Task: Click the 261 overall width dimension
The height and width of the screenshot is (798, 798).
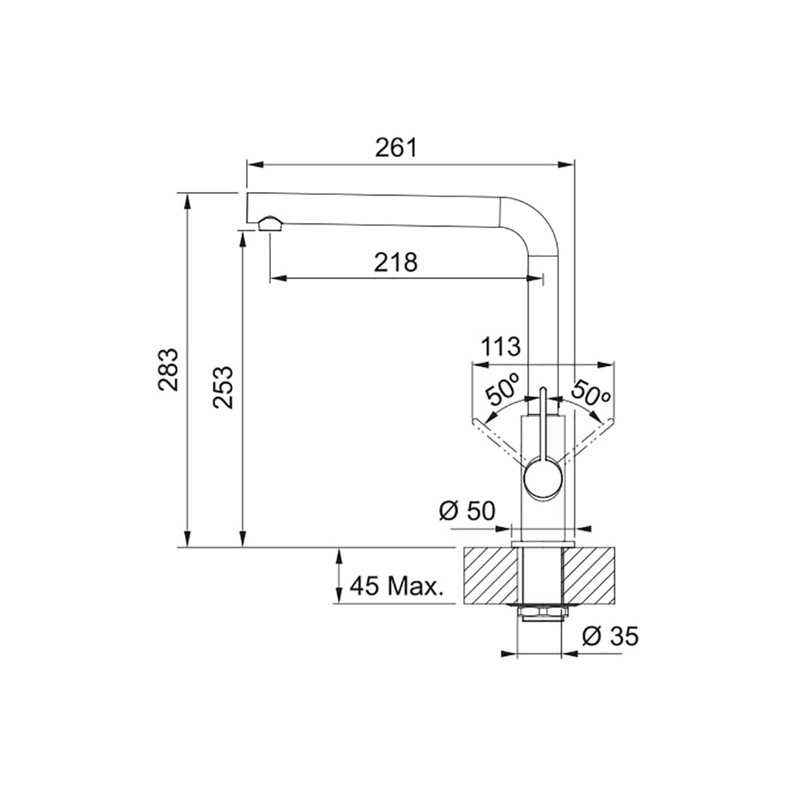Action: pyautogui.click(x=396, y=148)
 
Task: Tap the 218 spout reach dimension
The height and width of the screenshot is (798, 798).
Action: pyautogui.click(x=396, y=263)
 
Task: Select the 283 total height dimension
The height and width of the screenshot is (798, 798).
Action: pyautogui.click(x=168, y=370)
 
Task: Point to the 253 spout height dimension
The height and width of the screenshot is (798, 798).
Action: pyautogui.click(x=223, y=387)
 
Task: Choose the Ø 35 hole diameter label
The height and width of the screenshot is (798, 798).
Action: pyautogui.click(x=610, y=636)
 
